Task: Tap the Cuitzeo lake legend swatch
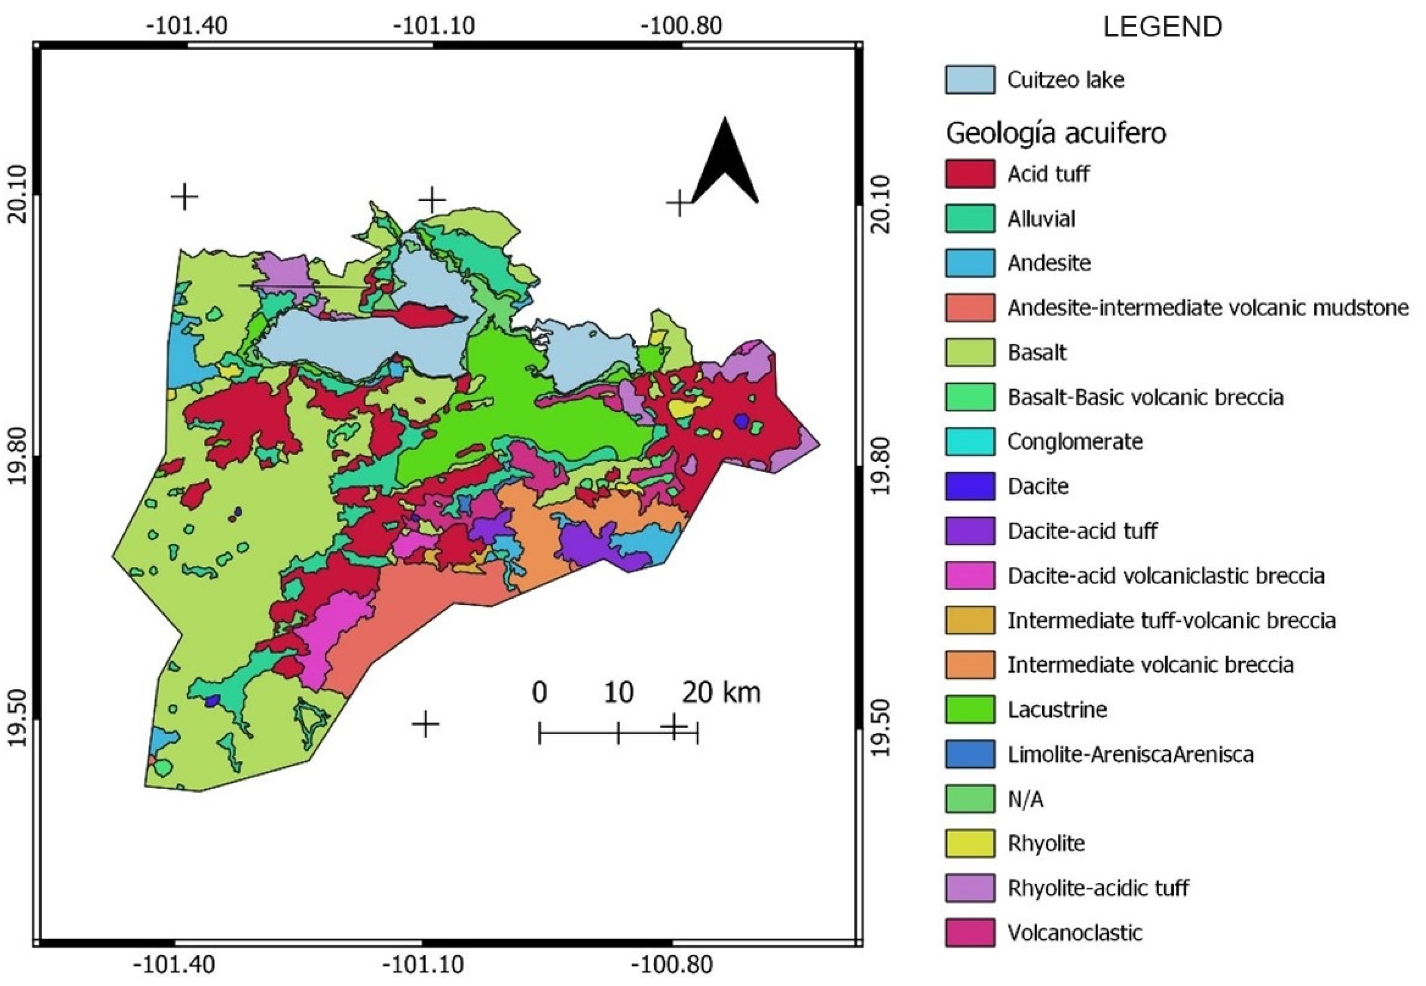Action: (969, 80)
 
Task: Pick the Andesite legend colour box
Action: (969, 263)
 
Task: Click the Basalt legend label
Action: (1037, 353)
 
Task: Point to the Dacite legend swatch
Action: (969, 486)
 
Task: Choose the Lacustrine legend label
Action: (1056, 709)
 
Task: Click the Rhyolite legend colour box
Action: (969, 843)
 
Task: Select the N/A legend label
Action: (1025, 799)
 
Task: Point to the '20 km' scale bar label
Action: (721, 692)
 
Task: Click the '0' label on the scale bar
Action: (539, 692)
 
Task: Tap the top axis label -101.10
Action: (434, 26)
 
